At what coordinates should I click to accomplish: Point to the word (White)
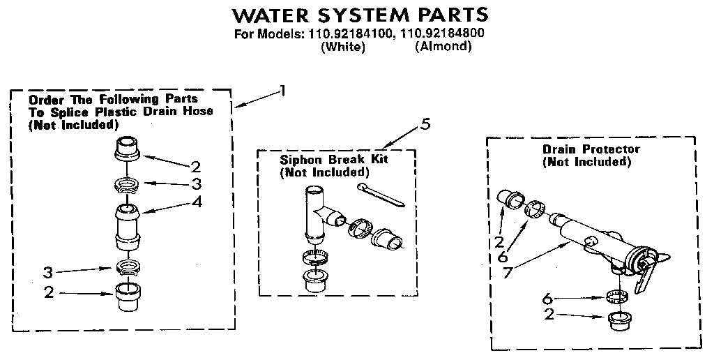tap(342, 47)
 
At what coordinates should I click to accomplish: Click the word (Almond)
tap(443, 47)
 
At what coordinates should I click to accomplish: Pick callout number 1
tap(282, 89)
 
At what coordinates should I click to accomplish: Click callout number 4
tap(197, 203)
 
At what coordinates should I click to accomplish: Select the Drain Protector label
tap(591, 149)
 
